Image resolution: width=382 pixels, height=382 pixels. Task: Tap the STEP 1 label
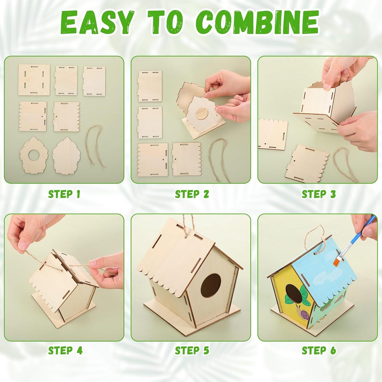click(64, 194)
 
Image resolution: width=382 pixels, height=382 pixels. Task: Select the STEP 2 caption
click(192, 194)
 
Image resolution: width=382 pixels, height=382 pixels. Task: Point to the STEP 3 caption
click(319, 194)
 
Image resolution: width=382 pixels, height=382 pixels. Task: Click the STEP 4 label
click(65, 350)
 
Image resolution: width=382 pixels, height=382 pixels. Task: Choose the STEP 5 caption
click(192, 350)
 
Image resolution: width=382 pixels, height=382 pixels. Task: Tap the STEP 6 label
click(319, 350)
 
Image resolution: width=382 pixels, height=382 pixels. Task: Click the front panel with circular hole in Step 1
click(34, 155)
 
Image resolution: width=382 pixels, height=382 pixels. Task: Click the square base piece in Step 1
click(34, 80)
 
